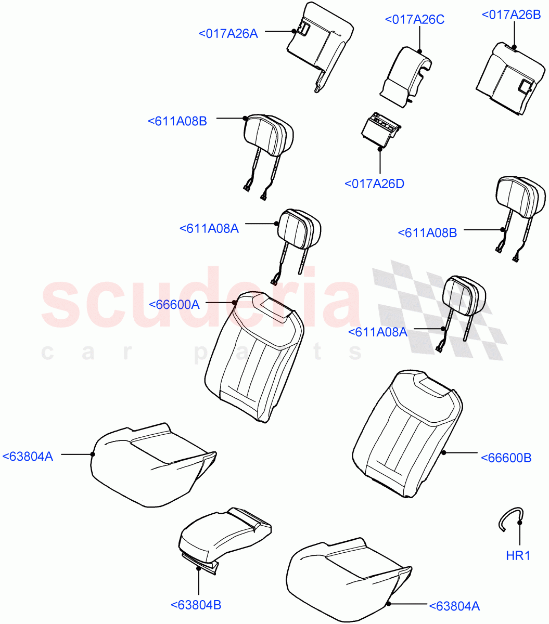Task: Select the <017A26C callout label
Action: point(414,20)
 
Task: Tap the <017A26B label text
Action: point(511,15)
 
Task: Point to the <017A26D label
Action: point(374,184)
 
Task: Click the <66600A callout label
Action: point(174,305)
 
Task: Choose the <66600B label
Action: point(506,458)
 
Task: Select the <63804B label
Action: point(196,605)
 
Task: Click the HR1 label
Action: point(518,556)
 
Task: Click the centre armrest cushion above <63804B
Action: point(224,536)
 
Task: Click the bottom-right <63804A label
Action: point(454,606)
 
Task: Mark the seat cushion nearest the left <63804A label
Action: point(151,463)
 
